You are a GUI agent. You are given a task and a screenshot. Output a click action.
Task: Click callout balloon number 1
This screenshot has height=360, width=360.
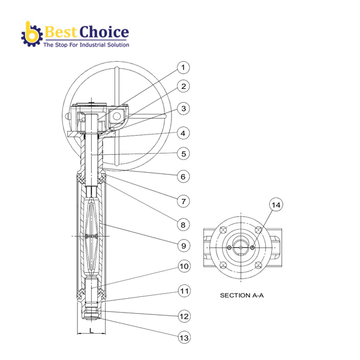tap(184, 68)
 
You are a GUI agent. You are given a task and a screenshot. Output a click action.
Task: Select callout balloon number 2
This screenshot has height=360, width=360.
tap(184, 86)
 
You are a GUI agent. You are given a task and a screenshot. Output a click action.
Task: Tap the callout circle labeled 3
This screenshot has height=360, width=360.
tap(184, 109)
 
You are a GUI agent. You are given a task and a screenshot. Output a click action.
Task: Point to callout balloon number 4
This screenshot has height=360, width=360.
tap(184, 133)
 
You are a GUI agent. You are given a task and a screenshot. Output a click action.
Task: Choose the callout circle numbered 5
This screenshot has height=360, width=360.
tap(184, 154)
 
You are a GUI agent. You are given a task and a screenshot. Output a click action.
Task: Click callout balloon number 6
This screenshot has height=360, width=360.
tap(184, 176)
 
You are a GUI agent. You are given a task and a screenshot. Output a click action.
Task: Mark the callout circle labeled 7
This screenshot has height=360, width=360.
tap(184, 201)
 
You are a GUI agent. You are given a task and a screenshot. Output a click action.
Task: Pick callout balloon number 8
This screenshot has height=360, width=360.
tap(184, 224)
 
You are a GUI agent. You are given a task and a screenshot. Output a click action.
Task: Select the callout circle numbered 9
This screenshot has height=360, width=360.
tap(184, 245)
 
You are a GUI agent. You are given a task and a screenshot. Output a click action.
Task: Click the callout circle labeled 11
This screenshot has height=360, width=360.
tap(184, 291)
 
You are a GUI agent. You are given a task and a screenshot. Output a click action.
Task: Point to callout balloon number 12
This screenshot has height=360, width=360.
tap(184, 315)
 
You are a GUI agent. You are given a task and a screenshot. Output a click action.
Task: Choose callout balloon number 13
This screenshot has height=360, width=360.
tap(184, 338)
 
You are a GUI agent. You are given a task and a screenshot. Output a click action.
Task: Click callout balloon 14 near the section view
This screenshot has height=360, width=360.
tap(275, 205)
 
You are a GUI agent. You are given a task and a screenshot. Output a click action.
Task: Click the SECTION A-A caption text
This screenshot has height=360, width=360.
tap(242, 295)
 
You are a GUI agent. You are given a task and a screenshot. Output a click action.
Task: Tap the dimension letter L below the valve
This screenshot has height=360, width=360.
tap(91, 331)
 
